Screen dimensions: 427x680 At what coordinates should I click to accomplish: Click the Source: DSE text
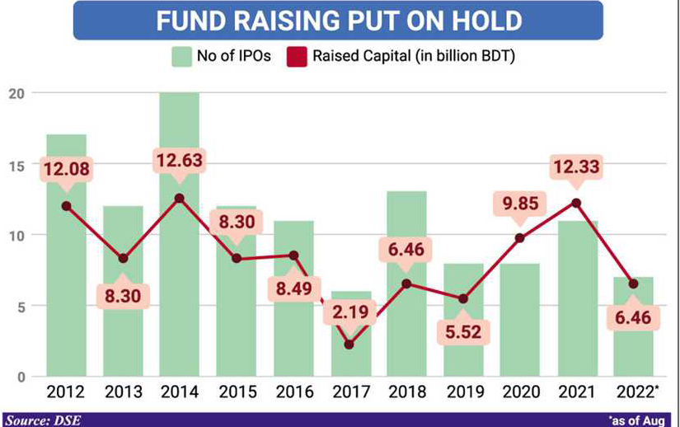point(42,420)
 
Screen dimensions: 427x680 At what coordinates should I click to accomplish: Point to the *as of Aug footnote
point(640,420)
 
